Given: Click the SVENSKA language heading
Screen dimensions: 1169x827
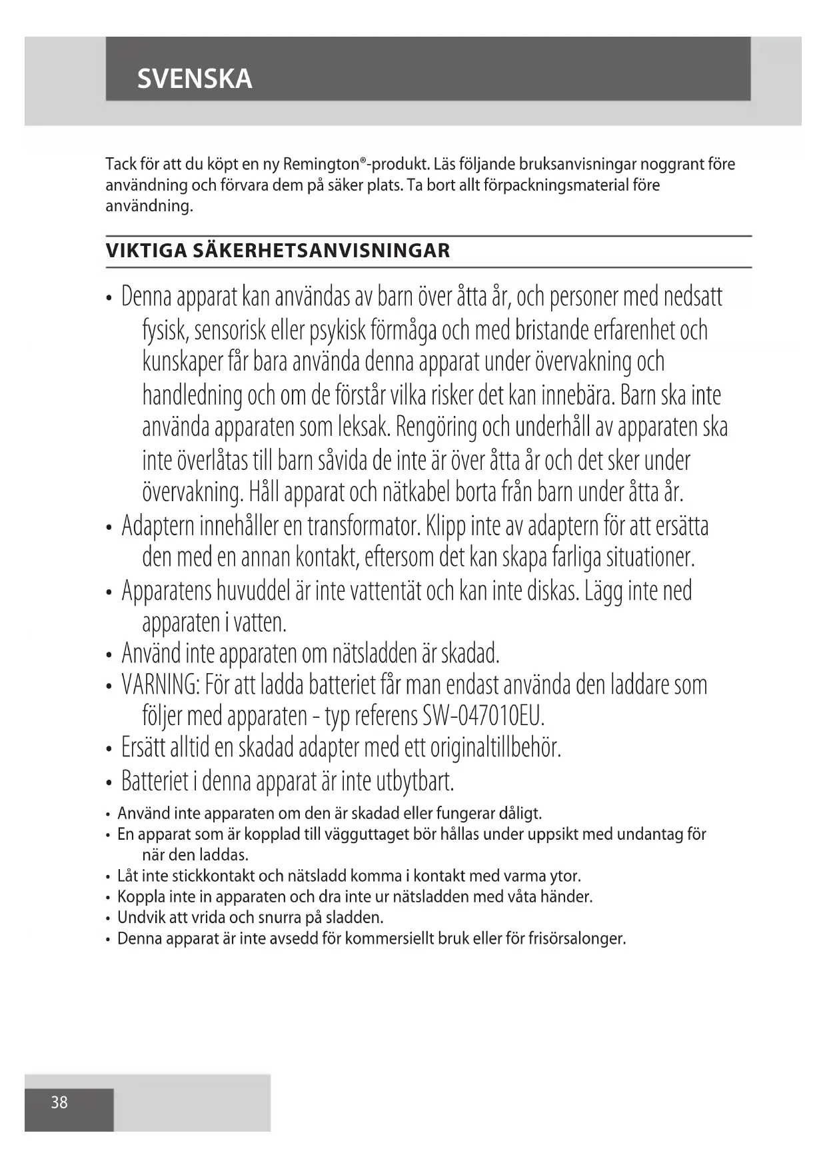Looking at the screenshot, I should (x=195, y=79).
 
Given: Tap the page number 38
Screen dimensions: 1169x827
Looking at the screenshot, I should (x=59, y=1102).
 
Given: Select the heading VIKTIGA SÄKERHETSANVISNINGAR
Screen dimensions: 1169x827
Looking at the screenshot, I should (x=278, y=251).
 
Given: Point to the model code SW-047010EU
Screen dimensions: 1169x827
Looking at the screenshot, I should (x=484, y=716).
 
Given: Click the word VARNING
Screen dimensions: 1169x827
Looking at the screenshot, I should (x=161, y=684).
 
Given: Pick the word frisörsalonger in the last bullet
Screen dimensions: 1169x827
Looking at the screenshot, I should (x=577, y=939).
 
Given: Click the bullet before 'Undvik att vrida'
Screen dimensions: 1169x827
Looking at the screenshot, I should (x=108, y=918).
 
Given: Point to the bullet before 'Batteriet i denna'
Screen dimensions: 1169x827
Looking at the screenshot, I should (x=109, y=781).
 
